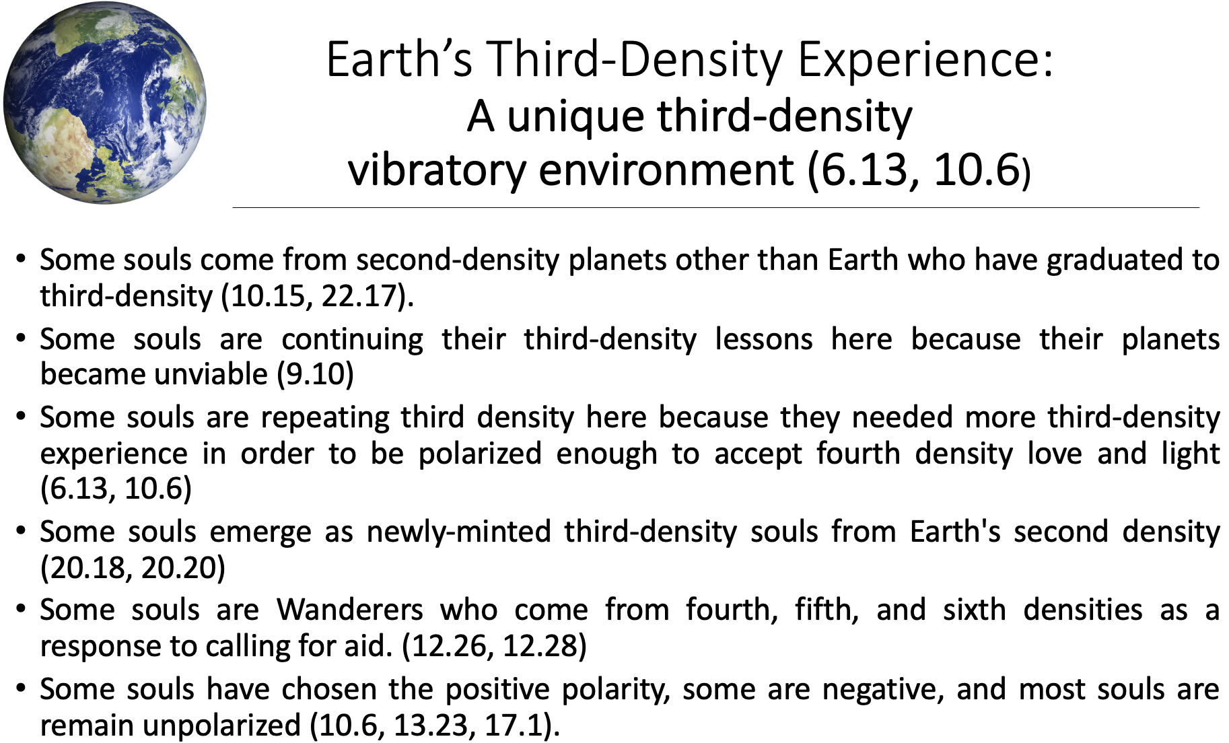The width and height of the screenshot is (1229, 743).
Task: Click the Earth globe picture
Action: (x=104, y=102)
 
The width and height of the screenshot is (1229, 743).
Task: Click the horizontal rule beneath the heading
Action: (x=715, y=208)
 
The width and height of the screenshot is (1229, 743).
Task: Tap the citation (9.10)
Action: (x=316, y=374)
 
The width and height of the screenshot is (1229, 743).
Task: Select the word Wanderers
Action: (x=349, y=610)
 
